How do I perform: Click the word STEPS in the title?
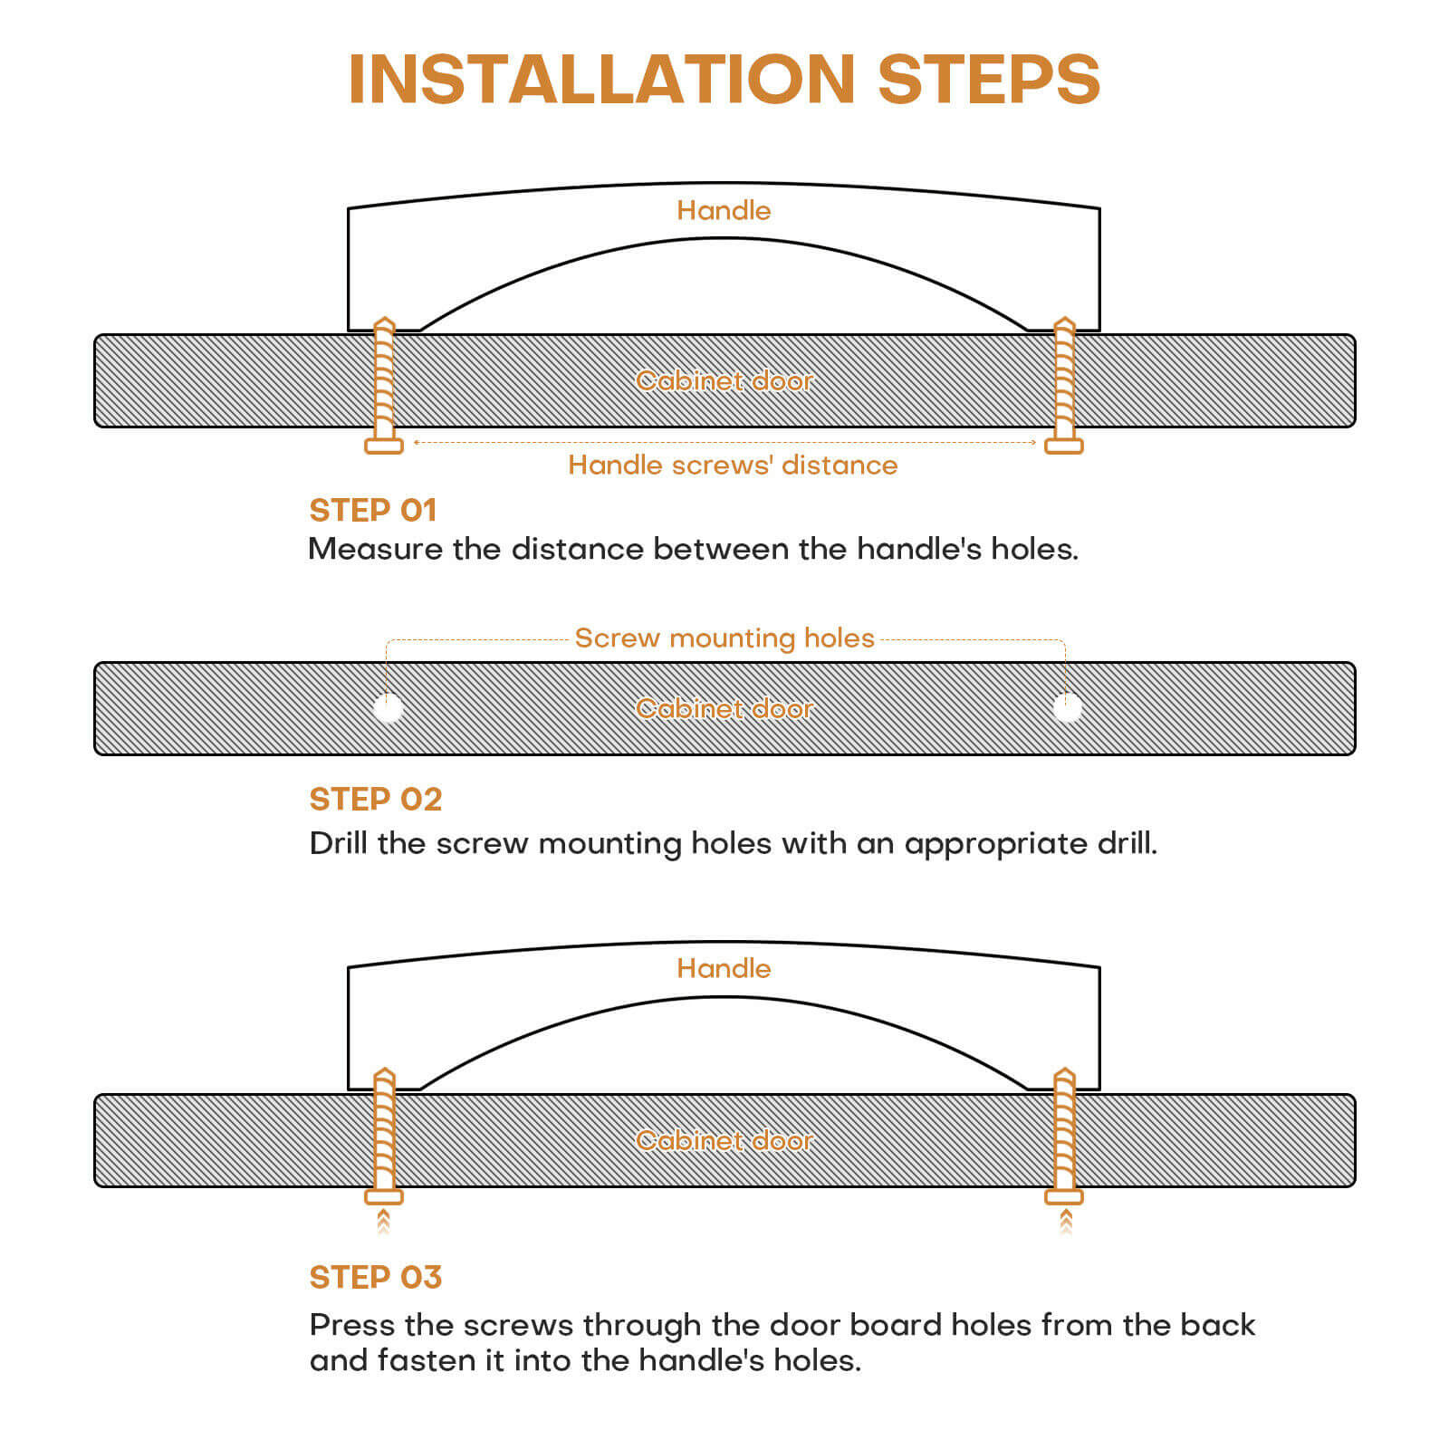coord(989,79)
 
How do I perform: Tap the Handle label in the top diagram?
coord(724,210)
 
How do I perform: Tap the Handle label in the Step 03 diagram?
coord(724,968)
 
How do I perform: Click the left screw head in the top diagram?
coord(384,446)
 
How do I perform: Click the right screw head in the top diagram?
coord(1064,446)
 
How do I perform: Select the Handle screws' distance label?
coord(733,465)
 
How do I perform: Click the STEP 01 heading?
coord(373,510)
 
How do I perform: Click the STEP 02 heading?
coord(376,799)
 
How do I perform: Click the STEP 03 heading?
coord(376,1277)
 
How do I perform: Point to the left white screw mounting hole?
coord(389,708)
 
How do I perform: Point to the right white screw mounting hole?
coord(1068,708)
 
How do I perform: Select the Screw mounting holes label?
coord(724,638)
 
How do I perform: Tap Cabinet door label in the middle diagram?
coord(724,708)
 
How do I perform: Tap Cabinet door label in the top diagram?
coord(724,380)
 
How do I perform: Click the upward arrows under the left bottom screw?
coord(384,1222)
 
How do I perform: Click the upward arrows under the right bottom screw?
coord(1065,1222)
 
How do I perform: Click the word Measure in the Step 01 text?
coord(375,549)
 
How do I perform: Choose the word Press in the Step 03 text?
coord(351,1325)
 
